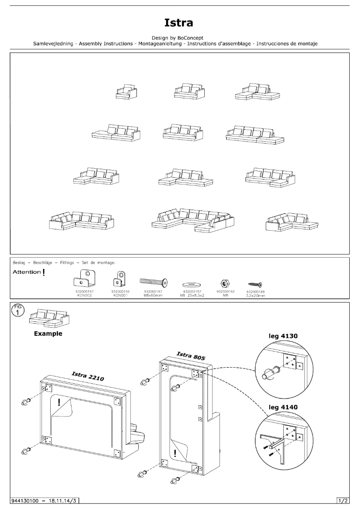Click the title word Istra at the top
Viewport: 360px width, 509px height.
pyautogui.click(x=179, y=22)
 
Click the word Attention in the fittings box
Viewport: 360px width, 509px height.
pyautogui.click(x=26, y=272)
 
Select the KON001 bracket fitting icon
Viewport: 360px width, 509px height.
pyautogui.click(x=119, y=279)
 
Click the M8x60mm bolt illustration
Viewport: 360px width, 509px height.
pyautogui.click(x=154, y=282)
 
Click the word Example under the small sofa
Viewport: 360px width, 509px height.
pyautogui.click(x=48, y=334)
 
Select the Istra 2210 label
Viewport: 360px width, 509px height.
pyautogui.click(x=88, y=376)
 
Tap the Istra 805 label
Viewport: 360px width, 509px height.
pyautogui.click(x=191, y=356)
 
